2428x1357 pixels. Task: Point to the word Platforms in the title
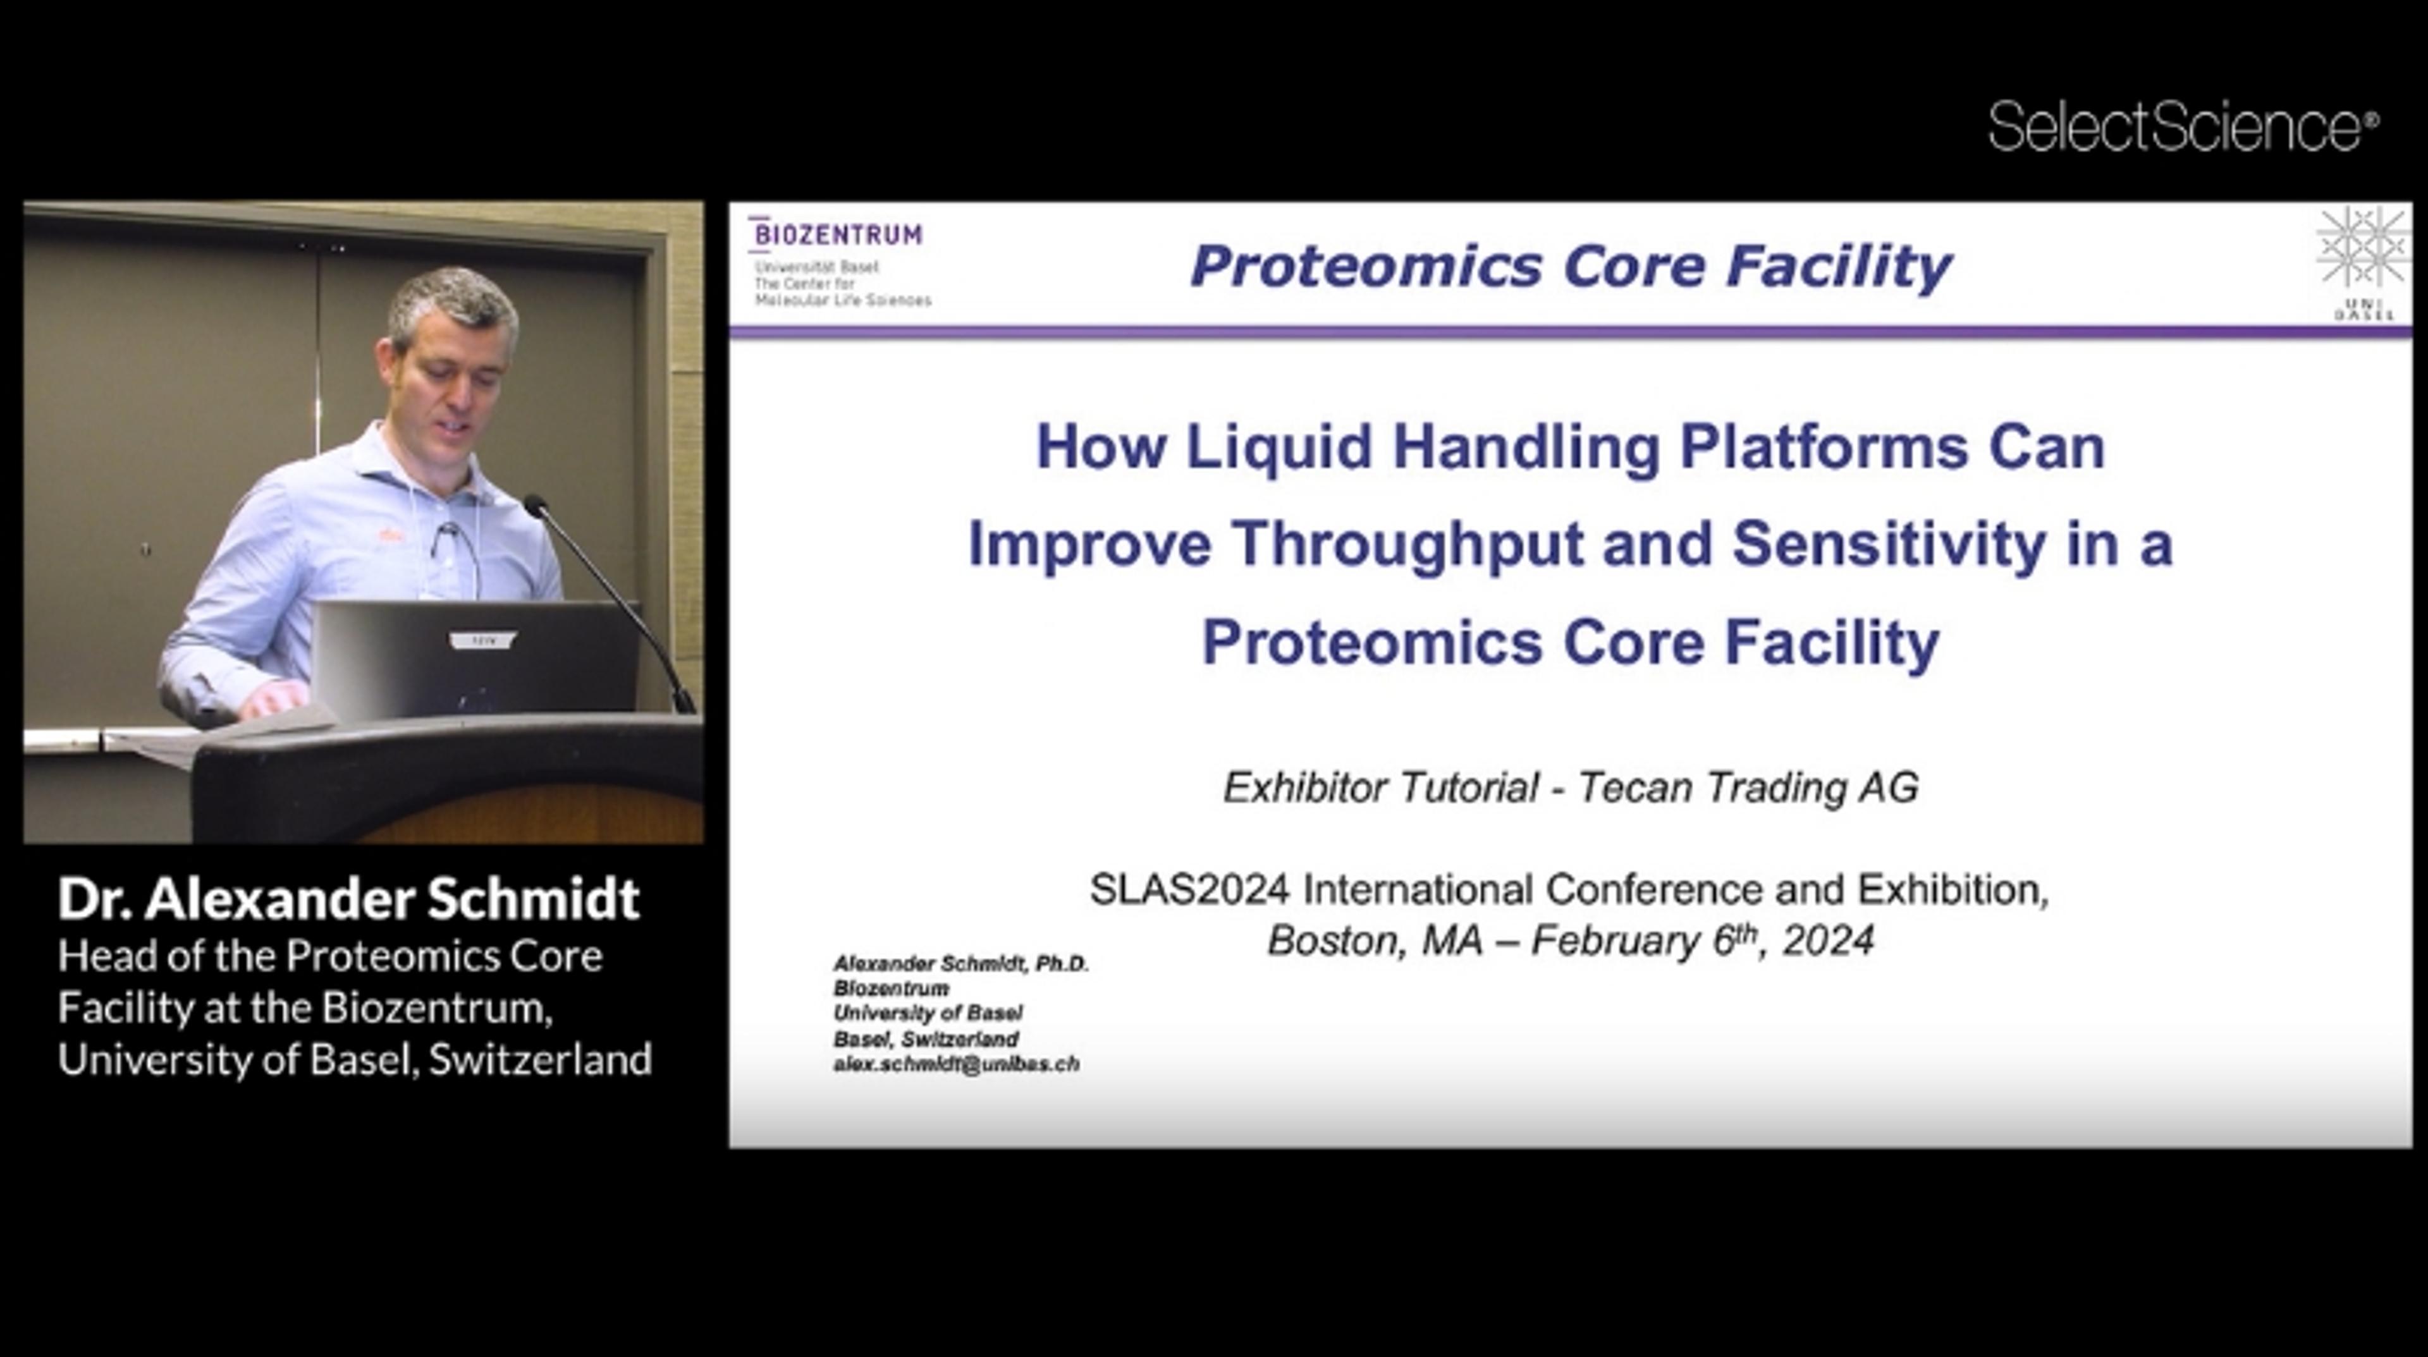[1824, 447]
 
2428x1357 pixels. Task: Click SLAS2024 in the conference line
[1189, 889]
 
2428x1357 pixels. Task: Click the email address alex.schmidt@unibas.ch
[956, 1064]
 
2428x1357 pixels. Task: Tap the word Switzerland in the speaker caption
[540, 1059]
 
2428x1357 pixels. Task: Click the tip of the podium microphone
[536, 506]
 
